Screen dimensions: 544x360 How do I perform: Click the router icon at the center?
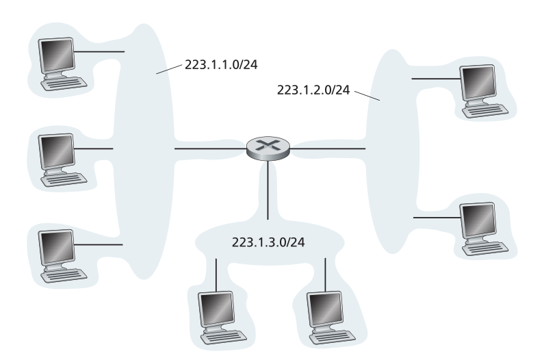pos(268,149)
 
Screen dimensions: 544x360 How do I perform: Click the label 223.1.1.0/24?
pos(221,65)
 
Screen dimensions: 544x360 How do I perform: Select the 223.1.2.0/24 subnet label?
pos(313,90)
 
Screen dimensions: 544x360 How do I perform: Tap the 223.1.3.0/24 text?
pos(268,242)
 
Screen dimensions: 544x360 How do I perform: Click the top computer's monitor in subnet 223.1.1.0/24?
pos(57,55)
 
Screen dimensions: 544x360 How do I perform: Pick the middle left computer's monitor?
pos(57,152)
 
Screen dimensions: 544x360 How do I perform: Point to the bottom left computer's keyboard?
pos(64,275)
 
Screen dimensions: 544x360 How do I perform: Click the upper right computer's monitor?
pos(478,83)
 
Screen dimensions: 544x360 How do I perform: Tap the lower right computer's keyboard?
pos(485,248)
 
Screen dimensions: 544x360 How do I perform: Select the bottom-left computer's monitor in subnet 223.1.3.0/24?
pos(216,309)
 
